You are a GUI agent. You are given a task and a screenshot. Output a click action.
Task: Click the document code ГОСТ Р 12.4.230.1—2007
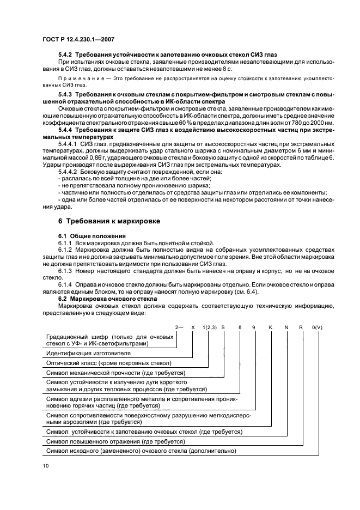point(77,39)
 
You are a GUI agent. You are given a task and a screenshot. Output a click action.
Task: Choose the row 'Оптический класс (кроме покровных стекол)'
point(109,362)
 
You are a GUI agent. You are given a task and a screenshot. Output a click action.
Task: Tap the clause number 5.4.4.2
point(69,172)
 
